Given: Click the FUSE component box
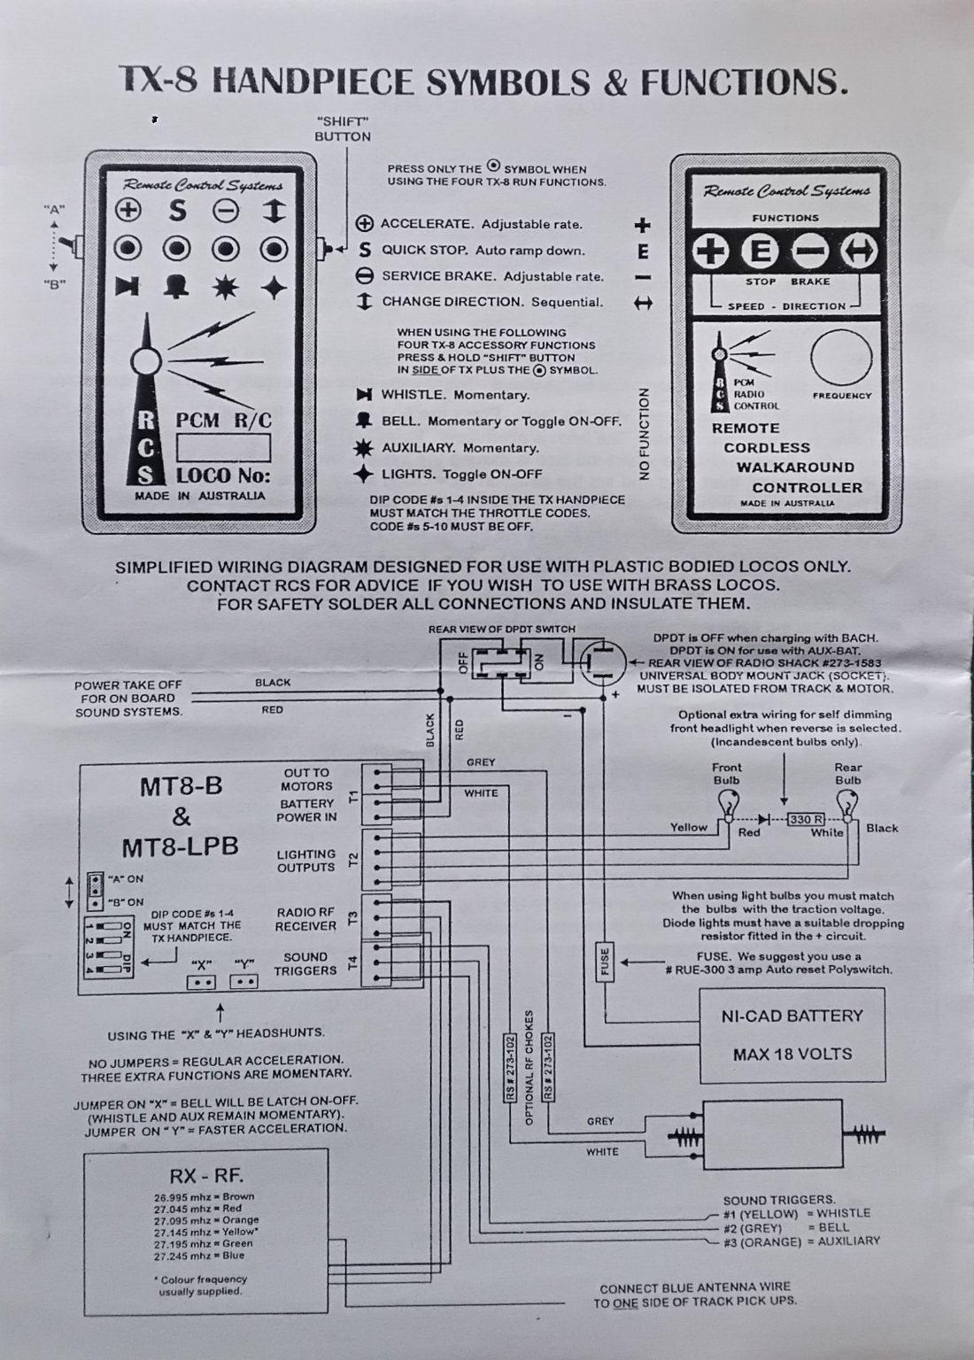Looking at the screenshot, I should click(605, 962).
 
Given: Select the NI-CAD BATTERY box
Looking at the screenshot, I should click(792, 1034).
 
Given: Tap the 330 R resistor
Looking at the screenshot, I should click(806, 818).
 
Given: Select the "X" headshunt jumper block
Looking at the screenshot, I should click(199, 982).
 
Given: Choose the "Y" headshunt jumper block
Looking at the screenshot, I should click(243, 982).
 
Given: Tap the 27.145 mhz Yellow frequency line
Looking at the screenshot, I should click(205, 1232).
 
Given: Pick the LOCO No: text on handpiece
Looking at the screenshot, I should click(223, 475).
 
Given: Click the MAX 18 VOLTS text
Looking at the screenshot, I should click(792, 1054).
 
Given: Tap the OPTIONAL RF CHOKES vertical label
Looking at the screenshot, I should click(530, 1067).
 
